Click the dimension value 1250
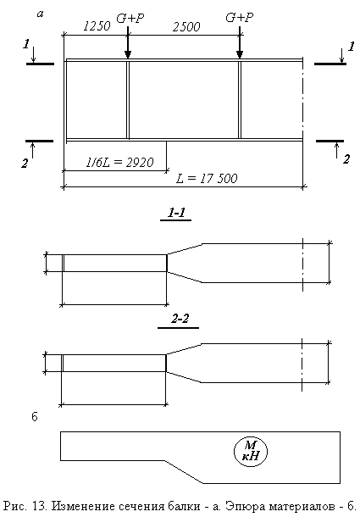[97, 26]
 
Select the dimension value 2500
[186, 27]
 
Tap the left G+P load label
[130, 19]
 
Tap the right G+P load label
[240, 18]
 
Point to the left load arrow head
[128, 55]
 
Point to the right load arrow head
[240, 55]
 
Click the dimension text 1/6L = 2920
[119, 162]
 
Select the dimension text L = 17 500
[207, 178]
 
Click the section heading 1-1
[176, 213]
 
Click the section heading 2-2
[180, 319]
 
